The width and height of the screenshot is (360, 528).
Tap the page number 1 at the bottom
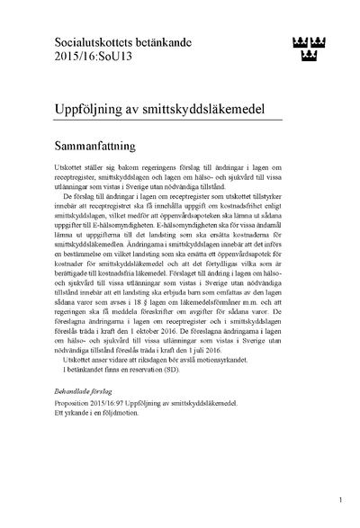pyautogui.click(x=340, y=497)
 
